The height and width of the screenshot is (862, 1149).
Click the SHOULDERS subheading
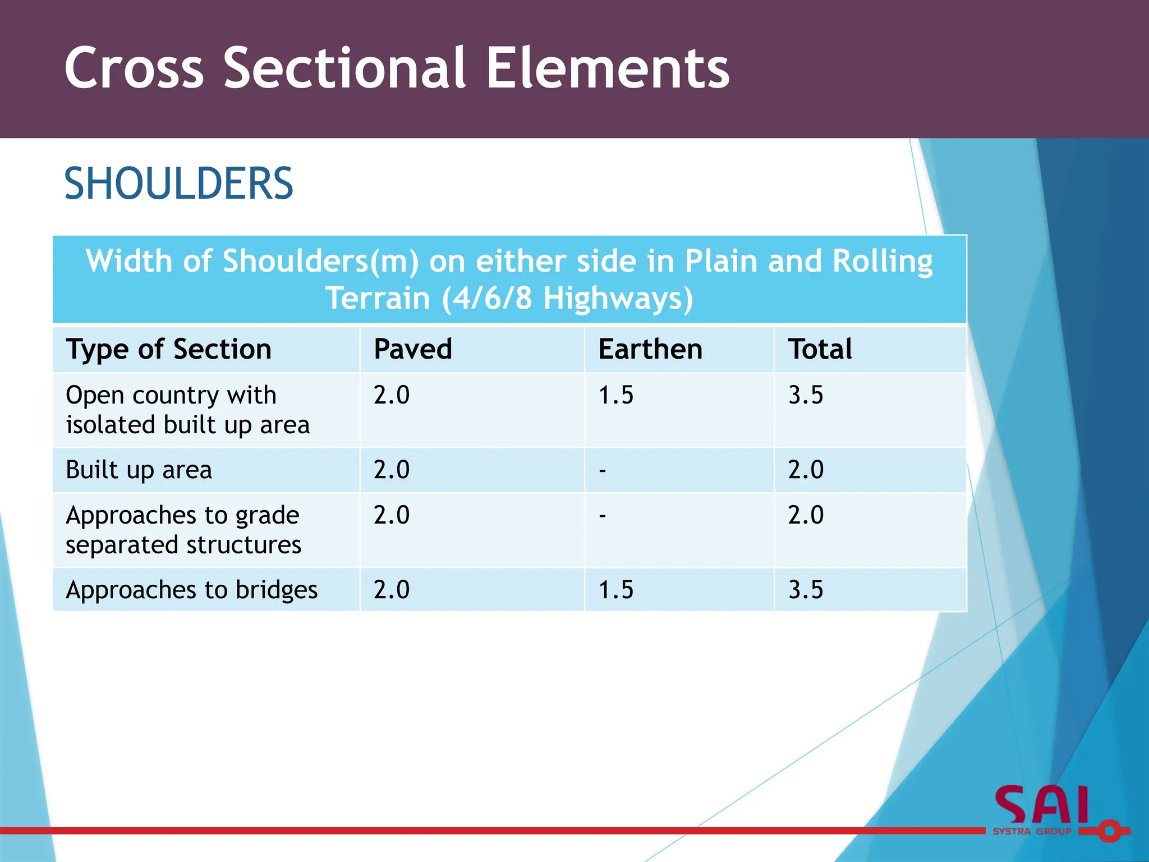pyautogui.click(x=178, y=184)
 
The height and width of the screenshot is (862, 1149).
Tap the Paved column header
pyautogui.click(x=412, y=349)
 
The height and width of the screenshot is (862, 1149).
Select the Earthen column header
pyautogui.click(x=650, y=349)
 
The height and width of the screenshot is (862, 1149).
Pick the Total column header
pyautogui.click(x=820, y=349)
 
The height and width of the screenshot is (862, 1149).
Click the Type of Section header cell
pyautogui.click(x=168, y=349)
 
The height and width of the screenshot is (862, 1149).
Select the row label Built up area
pyautogui.click(x=139, y=470)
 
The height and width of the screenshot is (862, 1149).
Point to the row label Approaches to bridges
pyautogui.click(x=191, y=590)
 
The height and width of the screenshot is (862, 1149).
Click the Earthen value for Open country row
pyautogui.click(x=615, y=395)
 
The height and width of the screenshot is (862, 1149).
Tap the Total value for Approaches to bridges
pyautogui.click(x=806, y=590)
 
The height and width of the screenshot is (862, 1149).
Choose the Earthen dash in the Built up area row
pyautogui.click(x=602, y=470)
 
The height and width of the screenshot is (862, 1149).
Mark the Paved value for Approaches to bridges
pyautogui.click(x=392, y=590)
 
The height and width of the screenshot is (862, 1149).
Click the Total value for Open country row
pyautogui.click(x=806, y=395)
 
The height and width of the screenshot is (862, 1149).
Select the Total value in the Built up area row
pyautogui.click(x=806, y=470)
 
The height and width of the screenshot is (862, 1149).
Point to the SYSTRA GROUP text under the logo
pyautogui.click(x=1032, y=832)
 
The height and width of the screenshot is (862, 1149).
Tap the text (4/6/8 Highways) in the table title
pyautogui.click(x=567, y=298)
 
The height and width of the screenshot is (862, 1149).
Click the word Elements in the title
pyautogui.click(x=608, y=68)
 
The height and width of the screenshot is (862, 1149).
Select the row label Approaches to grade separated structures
pyautogui.click(x=183, y=530)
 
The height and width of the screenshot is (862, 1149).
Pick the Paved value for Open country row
pyautogui.click(x=392, y=395)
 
